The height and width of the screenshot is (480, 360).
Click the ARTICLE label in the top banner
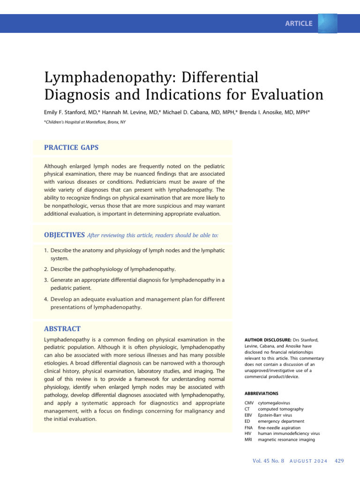(x=299, y=23)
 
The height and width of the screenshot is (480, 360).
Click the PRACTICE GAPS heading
(x=71, y=147)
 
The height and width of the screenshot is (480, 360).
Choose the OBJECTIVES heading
(x=64, y=234)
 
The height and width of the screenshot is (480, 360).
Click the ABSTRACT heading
(x=62, y=329)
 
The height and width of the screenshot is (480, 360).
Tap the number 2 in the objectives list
(x=46, y=269)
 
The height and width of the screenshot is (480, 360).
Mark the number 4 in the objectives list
(x=46, y=299)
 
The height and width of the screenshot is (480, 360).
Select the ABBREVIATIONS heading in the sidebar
(x=261, y=393)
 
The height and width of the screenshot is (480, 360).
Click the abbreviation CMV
(x=249, y=403)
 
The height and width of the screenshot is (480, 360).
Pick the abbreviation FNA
(x=249, y=427)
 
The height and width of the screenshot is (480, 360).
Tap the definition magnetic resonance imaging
(x=286, y=440)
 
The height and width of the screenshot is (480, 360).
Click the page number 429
(x=339, y=461)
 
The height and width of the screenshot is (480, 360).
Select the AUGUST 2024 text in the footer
(x=307, y=461)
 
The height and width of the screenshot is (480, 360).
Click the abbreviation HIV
(x=248, y=434)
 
